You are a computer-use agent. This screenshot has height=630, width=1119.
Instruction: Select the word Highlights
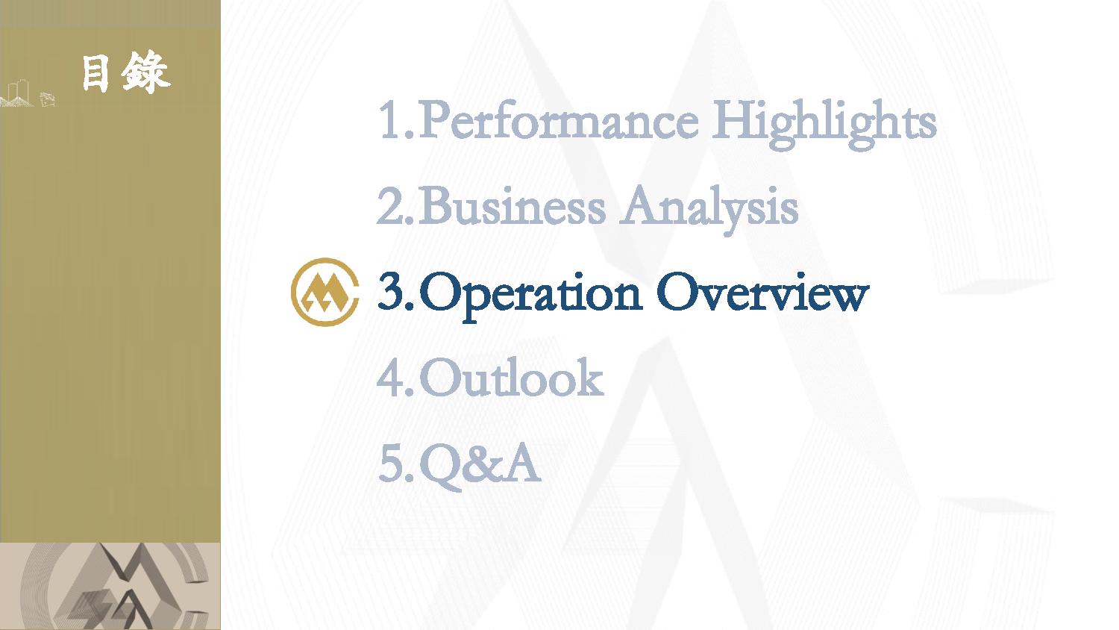[824, 123]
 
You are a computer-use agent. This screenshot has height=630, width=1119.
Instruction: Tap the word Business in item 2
[512, 206]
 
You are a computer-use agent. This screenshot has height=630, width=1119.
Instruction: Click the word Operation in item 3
[530, 295]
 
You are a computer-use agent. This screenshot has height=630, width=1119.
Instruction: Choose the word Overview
[763, 293]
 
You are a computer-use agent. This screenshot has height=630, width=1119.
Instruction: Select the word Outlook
[512, 377]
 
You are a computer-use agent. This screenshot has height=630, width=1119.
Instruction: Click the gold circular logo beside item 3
[325, 292]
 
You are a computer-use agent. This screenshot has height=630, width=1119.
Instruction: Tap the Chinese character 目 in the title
[95, 73]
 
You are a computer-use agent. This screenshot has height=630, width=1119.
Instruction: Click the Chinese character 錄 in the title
[145, 72]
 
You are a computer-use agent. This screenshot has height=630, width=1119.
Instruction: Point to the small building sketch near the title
[17, 93]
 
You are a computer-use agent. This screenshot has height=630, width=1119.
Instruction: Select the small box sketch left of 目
[48, 99]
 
